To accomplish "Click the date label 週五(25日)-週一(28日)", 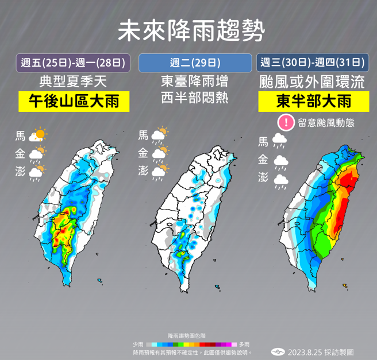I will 73,62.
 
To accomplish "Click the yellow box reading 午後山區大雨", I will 73,102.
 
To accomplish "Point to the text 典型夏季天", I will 73,82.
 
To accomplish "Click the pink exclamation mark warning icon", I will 285,122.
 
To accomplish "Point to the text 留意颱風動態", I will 326,122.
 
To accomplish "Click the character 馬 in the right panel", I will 263,141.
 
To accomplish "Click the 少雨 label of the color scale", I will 137,343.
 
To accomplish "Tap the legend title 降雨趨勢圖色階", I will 190,335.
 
